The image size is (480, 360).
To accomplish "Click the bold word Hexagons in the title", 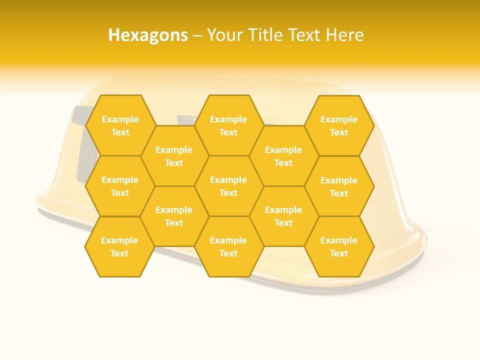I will [x=148, y=35].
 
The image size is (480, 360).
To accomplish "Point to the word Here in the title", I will [x=345, y=35].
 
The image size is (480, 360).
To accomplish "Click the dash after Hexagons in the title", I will [x=197, y=35].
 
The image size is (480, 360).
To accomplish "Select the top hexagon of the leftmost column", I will [x=120, y=125].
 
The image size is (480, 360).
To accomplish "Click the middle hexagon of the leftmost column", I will [x=120, y=186].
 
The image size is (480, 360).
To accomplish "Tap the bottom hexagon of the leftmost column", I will [x=119, y=246].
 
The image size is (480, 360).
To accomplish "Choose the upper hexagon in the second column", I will [x=174, y=156].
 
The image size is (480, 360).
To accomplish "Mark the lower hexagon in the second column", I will [x=174, y=216].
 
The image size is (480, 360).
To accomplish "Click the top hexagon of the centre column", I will [x=228, y=125].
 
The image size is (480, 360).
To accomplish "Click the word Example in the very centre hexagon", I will [x=228, y=180].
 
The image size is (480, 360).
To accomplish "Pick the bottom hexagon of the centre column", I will [x=228, y=246].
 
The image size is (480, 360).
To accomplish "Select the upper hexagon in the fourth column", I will [x=283, y=156].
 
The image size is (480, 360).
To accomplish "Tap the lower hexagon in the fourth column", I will [x=283, y=216].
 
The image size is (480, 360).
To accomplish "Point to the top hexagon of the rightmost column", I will [x=339, y=125].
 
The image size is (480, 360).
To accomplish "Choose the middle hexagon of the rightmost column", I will [x=339, y=186].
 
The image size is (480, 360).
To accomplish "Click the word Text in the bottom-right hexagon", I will [x=339, y=253].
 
